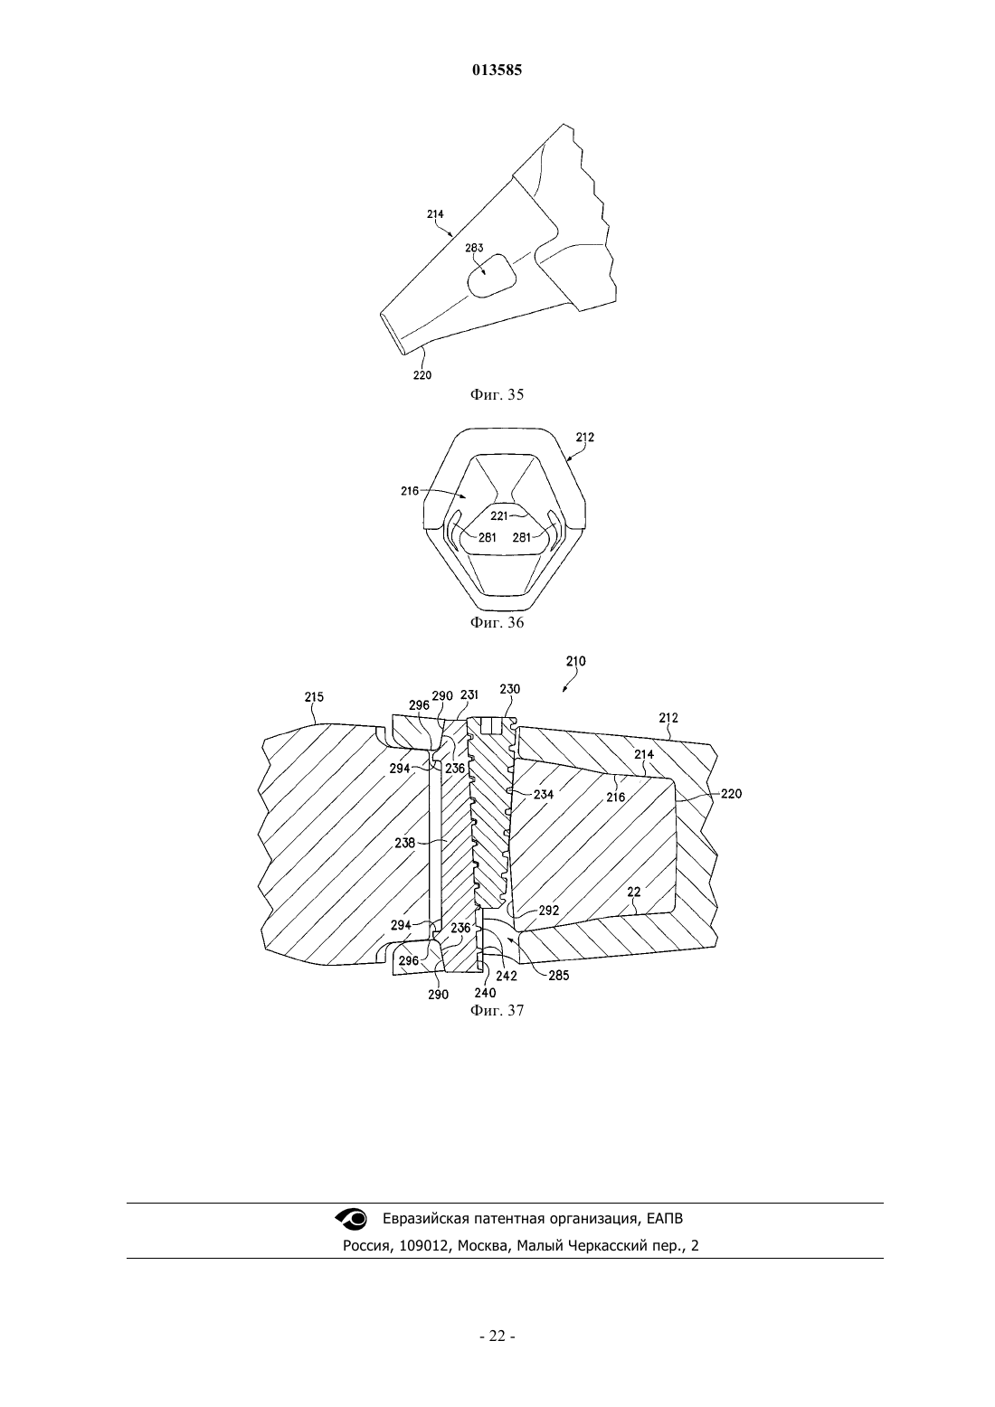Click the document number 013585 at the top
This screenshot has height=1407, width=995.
[x=497, y=70]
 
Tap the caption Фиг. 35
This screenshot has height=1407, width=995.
[x=497, y=394]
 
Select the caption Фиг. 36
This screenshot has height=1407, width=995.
[x=497, y=622]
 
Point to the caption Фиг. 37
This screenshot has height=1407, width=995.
[x=497, y=1010]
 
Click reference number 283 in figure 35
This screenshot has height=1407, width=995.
[x=474, y=248]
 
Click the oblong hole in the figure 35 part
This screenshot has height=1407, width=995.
[x=491, y=275]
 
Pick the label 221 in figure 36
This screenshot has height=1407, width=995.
[x=499, y=515]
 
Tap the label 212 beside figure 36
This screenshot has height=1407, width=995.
[x=585, y=437]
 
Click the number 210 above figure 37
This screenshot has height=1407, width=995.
[x=575, y=661]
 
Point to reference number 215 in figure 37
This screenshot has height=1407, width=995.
[x=314, y=696]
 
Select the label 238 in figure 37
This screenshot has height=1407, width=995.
[x=404, y=843]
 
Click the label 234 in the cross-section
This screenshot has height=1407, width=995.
[x=544, y=795]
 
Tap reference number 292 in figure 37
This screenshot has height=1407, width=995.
[x=549, y=911]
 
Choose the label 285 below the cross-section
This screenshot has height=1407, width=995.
[x=558, y=976]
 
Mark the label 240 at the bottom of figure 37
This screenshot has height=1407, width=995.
[x=485, y=993]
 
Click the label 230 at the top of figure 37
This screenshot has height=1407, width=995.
[x=509, y=688]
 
